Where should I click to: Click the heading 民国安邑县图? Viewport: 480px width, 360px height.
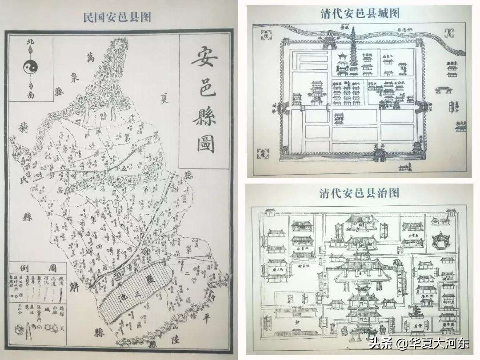click(x=117, y=17)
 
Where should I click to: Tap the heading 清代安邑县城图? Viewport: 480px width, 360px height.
click(x=360, y=13)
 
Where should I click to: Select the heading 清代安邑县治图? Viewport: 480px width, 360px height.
click(x=359, y=193)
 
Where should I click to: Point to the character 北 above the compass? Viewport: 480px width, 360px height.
click(x=30, y=42)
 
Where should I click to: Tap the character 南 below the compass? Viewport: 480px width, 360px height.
click(x=30, y=95)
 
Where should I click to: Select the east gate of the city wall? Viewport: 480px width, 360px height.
click(x=418, y=107)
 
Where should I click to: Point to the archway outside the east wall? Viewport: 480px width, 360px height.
click(x=444, y=91)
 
